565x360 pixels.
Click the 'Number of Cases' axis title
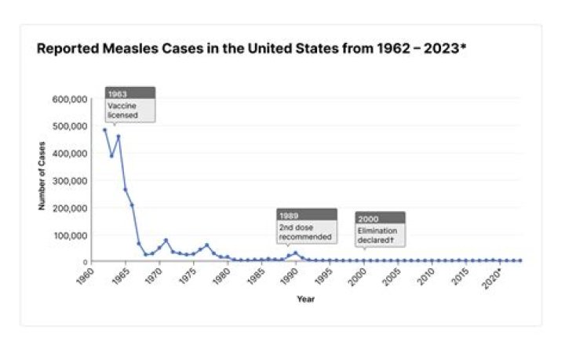[x=42, y=176]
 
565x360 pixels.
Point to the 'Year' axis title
[x=305, y=299]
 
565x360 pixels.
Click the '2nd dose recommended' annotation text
[x=305, y=232]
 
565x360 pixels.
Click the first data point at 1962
[x=104, y=130]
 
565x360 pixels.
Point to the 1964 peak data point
[x=118, y=136]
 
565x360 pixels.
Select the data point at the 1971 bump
[x=166, y=240]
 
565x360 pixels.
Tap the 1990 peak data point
[x=295, y=253]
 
